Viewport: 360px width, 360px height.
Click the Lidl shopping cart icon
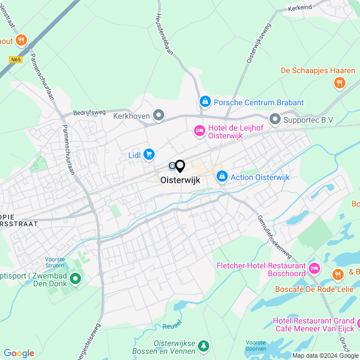click(149, 154)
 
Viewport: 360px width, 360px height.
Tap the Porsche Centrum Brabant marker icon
click(205, 102)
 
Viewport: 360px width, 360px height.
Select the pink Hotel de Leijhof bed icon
click(199, 130)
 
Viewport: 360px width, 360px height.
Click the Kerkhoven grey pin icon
click(159, 116)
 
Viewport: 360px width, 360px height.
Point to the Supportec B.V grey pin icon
click(274, 119)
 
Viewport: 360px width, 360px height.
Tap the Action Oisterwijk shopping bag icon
click(222, 177)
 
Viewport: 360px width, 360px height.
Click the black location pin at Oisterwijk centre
click(180, 166)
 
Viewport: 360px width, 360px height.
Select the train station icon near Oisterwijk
click(170, 166)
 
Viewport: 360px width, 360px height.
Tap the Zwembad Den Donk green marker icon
click(74, 280)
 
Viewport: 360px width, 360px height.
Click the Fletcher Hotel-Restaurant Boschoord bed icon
click(314, 266)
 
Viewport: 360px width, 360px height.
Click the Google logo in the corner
click(19, 353)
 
